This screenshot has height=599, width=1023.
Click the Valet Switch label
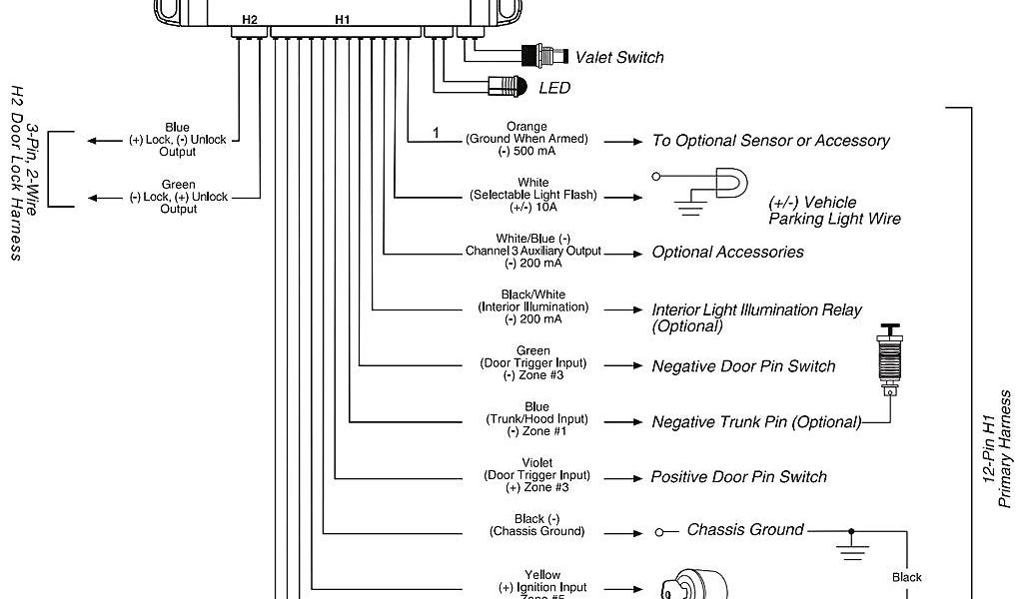coord(619,58)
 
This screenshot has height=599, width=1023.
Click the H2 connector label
coord(249,20)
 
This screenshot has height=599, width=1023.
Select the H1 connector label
coord(343,20)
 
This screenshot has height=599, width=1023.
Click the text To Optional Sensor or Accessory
coord(770,141)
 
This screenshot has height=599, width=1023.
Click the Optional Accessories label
coord(727,253)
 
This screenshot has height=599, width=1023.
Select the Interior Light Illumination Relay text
coord(756,317)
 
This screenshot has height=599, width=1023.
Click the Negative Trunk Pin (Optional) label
coord(756,422)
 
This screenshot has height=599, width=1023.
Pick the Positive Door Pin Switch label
coord(738,477)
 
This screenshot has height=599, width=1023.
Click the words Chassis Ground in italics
coord(744,529)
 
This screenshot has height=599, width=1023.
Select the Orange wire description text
coord(526,139)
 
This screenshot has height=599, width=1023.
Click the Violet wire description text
coord(536,475)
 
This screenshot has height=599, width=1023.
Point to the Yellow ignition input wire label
coord(542,585)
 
